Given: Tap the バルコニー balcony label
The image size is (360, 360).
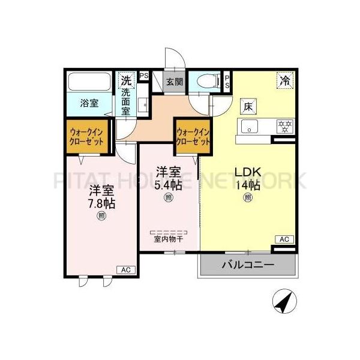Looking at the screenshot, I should tap(248, 265).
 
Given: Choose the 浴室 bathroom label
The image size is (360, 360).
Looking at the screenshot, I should tap(90, 103).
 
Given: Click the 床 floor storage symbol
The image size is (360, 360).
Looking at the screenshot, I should tap(248, 107).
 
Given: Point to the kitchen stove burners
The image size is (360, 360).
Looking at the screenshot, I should tap(283, 126).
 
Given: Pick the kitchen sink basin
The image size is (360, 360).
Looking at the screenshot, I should tap(249, 126).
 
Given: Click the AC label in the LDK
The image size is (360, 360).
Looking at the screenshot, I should tap(284, 239).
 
